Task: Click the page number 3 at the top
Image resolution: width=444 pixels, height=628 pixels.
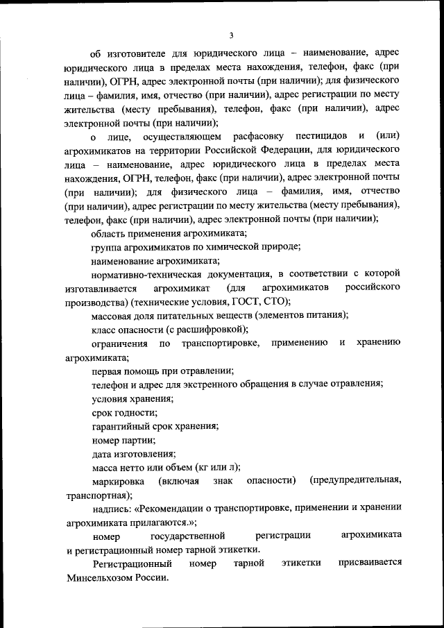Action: point(232,36)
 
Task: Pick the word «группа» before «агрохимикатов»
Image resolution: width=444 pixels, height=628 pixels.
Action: point(106,247)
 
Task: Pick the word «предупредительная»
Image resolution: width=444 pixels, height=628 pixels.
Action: point(356,481)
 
